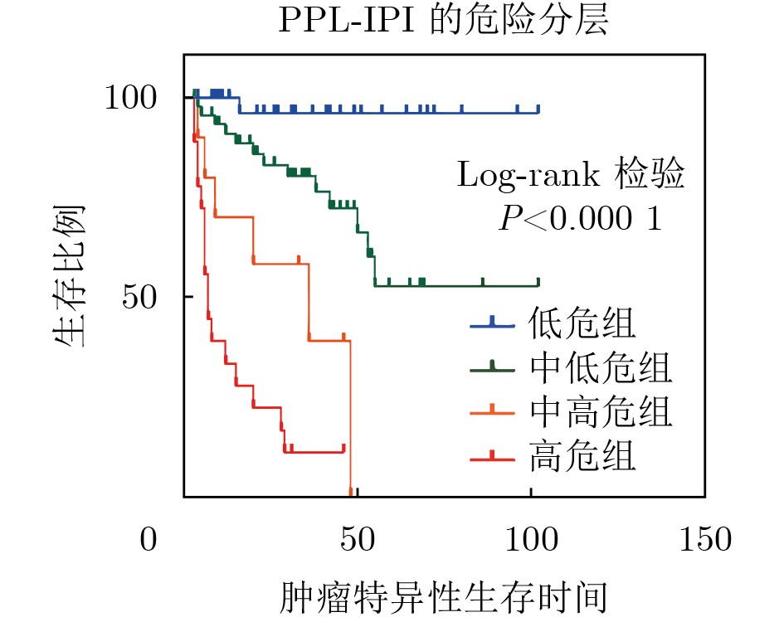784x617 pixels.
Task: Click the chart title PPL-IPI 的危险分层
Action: pyautogui.click(x=444, y=22)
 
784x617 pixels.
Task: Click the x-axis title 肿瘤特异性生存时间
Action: pyautogui.click(x=444, y=597)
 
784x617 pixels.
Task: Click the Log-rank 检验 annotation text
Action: pyautogui.click(x=571, y=177)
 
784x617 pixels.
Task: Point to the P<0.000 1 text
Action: pyautogui.click(x=580, y=219)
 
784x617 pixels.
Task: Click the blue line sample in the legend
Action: pyautogui.click(x=493, y=324)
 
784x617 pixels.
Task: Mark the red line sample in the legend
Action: pyautogui.click(x=493, y=456)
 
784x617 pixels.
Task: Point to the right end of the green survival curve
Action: pyautogui.click(x=538, y=285)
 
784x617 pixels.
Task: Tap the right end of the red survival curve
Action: pyautogui.click(x=343, y=451)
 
